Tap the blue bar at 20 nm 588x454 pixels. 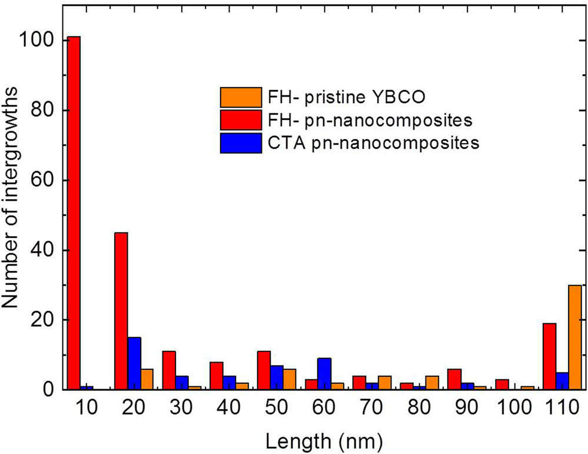point(134,363)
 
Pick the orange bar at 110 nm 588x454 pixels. point(574,337)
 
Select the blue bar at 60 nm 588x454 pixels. point(324,374)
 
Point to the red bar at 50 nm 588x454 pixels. point(264,370)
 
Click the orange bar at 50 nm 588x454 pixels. point(289,379)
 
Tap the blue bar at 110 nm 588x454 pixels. point(562,381)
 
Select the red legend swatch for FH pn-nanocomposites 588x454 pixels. point(241,120)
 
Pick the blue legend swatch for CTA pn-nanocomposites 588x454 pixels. point(241,143)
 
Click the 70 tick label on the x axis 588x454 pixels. point(358,409)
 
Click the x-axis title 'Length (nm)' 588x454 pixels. point(325,439)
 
